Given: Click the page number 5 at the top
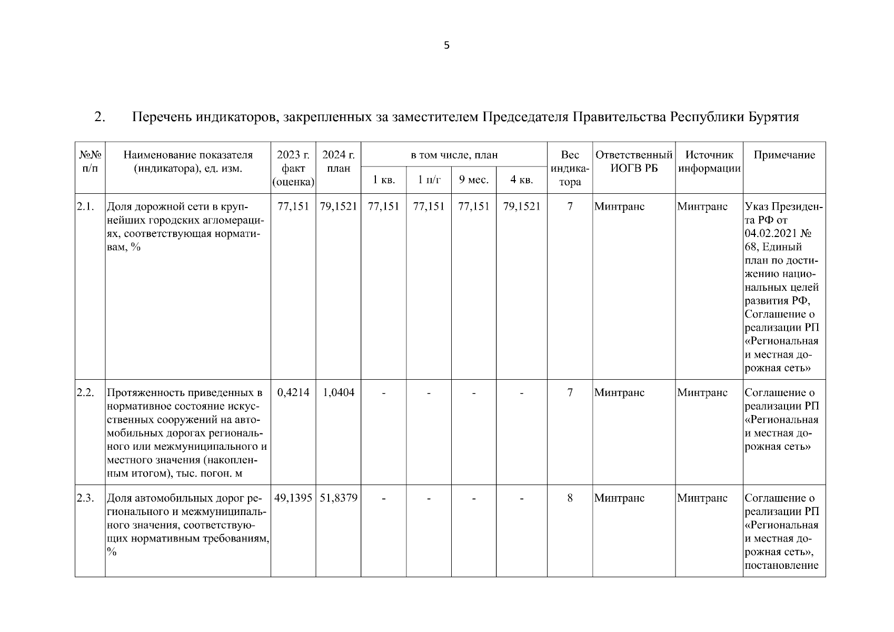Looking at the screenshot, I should (446, 46).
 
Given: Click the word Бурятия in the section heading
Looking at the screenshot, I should (773, 116).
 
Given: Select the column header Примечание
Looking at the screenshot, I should (784, 155).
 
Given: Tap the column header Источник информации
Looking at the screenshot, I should (709, 162).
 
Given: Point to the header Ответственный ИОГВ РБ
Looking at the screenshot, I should (633, 162).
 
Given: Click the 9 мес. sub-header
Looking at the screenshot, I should (473, 180).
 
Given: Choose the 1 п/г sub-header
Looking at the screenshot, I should (429, 180).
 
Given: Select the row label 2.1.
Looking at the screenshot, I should (85, 206).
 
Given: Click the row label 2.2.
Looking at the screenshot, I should (85, 392).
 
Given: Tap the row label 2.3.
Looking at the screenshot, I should (85, 498).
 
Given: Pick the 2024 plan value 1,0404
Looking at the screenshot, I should (338, 392).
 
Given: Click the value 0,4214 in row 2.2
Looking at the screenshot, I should (293, 392).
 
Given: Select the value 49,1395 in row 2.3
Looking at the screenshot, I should (293, 498).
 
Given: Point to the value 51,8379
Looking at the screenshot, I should (338, 498).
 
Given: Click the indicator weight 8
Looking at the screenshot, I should (570, 498).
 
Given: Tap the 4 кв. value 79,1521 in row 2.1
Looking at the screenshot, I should (521, 206).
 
